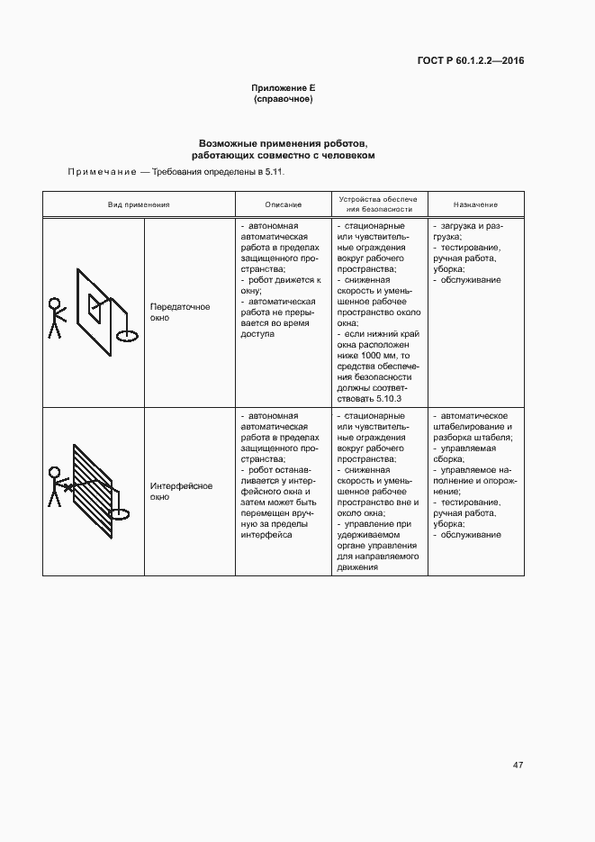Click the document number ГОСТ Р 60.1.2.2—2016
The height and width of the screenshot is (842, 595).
(471, 61)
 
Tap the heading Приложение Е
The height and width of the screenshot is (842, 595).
(283, 88)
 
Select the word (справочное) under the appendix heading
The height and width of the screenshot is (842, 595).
(283, 99)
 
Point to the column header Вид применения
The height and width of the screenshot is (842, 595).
(139, 205)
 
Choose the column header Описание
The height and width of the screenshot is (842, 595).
(284, 205)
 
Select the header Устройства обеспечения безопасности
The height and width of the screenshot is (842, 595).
(379, 204)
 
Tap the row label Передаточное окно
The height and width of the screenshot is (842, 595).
(180, 312)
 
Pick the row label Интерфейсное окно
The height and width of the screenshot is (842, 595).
(181, 491)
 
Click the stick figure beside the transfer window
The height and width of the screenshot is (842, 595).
(56, 317)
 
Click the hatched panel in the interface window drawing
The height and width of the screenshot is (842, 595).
(90, 486)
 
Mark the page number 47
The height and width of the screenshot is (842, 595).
(518, 765)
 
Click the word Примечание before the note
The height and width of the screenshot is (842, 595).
(101, 171)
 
